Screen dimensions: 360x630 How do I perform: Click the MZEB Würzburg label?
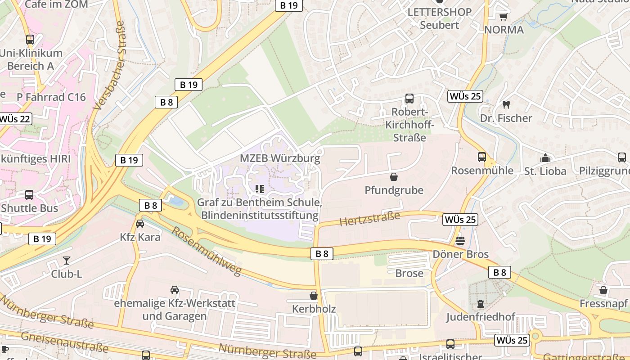[x=280, y=158]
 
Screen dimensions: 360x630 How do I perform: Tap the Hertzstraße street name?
[x=369, y=219]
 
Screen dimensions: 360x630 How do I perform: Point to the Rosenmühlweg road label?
[x=207, y=251]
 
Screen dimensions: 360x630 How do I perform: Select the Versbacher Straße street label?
[x=109, y=65]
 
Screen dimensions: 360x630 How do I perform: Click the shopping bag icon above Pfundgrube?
[x=394, y=177]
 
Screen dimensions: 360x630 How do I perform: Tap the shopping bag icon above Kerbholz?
[x=314, y=296]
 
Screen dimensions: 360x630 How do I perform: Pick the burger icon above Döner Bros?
[x=460, y=241]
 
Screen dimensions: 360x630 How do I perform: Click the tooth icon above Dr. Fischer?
[x=506, y=105]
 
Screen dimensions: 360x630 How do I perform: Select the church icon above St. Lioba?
[x=545, y=158]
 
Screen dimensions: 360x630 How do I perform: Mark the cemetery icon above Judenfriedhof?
[x=480, y=304]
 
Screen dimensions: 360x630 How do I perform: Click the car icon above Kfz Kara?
[x=140, y=223]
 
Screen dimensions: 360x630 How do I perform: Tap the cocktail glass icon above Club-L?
[x=67, y=260]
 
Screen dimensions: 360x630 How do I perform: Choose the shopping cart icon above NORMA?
[x=503, y=17]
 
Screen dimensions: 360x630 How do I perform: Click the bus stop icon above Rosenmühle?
[x=481, y=157]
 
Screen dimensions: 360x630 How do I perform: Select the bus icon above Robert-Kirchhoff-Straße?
[x=409, y=99]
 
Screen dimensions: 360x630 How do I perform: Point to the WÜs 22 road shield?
[x=15, y=119]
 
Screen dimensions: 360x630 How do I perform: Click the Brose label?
[x=409, y=273]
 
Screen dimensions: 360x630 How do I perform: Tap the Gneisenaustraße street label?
[x=64, y=342]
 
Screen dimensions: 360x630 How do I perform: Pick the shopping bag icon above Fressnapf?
[x=603, y=290]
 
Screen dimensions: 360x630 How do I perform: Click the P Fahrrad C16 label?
[x=51, y=97]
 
